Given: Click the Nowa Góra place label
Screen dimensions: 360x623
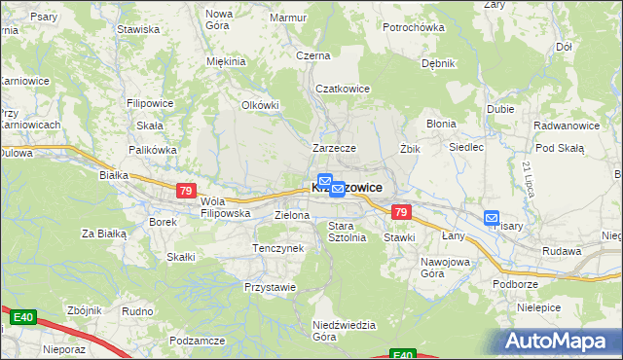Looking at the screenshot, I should (219, 19).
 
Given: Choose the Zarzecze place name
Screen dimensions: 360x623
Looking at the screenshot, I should (334, 148).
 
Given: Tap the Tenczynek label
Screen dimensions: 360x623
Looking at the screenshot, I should (278, 248).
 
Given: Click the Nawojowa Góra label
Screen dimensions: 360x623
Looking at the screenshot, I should (446, 268).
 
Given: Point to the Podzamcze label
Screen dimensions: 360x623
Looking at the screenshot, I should (197, 341).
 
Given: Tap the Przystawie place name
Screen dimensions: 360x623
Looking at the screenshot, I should (270, 287).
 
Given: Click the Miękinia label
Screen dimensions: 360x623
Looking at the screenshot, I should (226, 61).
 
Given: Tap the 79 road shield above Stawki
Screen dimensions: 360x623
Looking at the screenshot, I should (400, 211).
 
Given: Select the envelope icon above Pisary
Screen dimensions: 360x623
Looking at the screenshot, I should (492, 219).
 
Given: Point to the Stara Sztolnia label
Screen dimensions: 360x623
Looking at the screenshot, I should (347, 232).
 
